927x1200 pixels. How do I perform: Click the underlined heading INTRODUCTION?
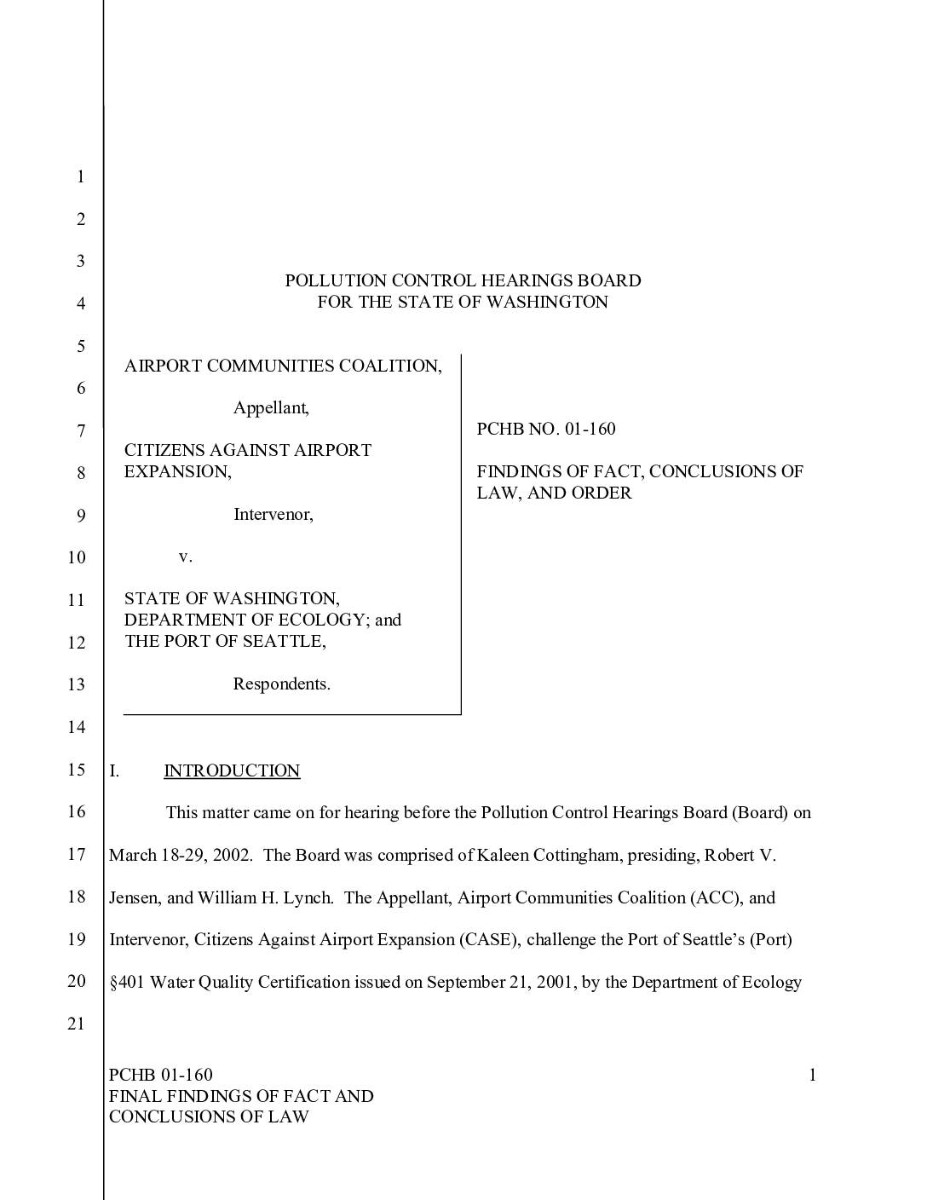tap(232, 770)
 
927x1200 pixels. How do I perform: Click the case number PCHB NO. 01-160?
tap(545, 429)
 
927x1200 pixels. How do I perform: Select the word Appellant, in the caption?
tap(271, 407)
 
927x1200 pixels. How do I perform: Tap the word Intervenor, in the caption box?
tap(273, 514)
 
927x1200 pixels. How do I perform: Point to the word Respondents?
tap(281, 684)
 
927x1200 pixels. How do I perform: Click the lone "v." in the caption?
tap(186, 557)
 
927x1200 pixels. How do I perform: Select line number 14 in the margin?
tap(77, 727)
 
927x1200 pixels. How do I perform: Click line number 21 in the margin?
tap(77, 1024)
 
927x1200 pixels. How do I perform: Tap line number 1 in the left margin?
tap(81, 177)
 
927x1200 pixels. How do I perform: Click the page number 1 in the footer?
tap(812, 1075)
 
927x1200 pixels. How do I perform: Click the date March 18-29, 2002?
tap(180, 855)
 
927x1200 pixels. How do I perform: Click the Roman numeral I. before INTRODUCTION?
tap(114, 770)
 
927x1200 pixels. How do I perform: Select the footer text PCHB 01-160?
tap(161, 1075)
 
